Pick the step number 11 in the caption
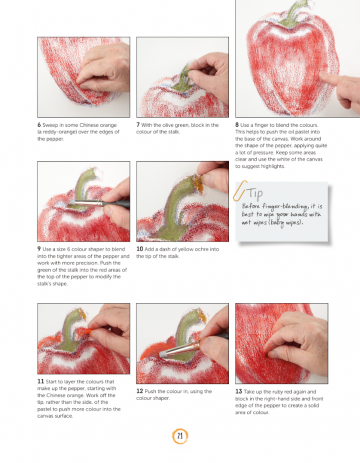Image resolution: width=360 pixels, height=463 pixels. pos(38,381)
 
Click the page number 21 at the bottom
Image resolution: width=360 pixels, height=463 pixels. pos(180,434)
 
